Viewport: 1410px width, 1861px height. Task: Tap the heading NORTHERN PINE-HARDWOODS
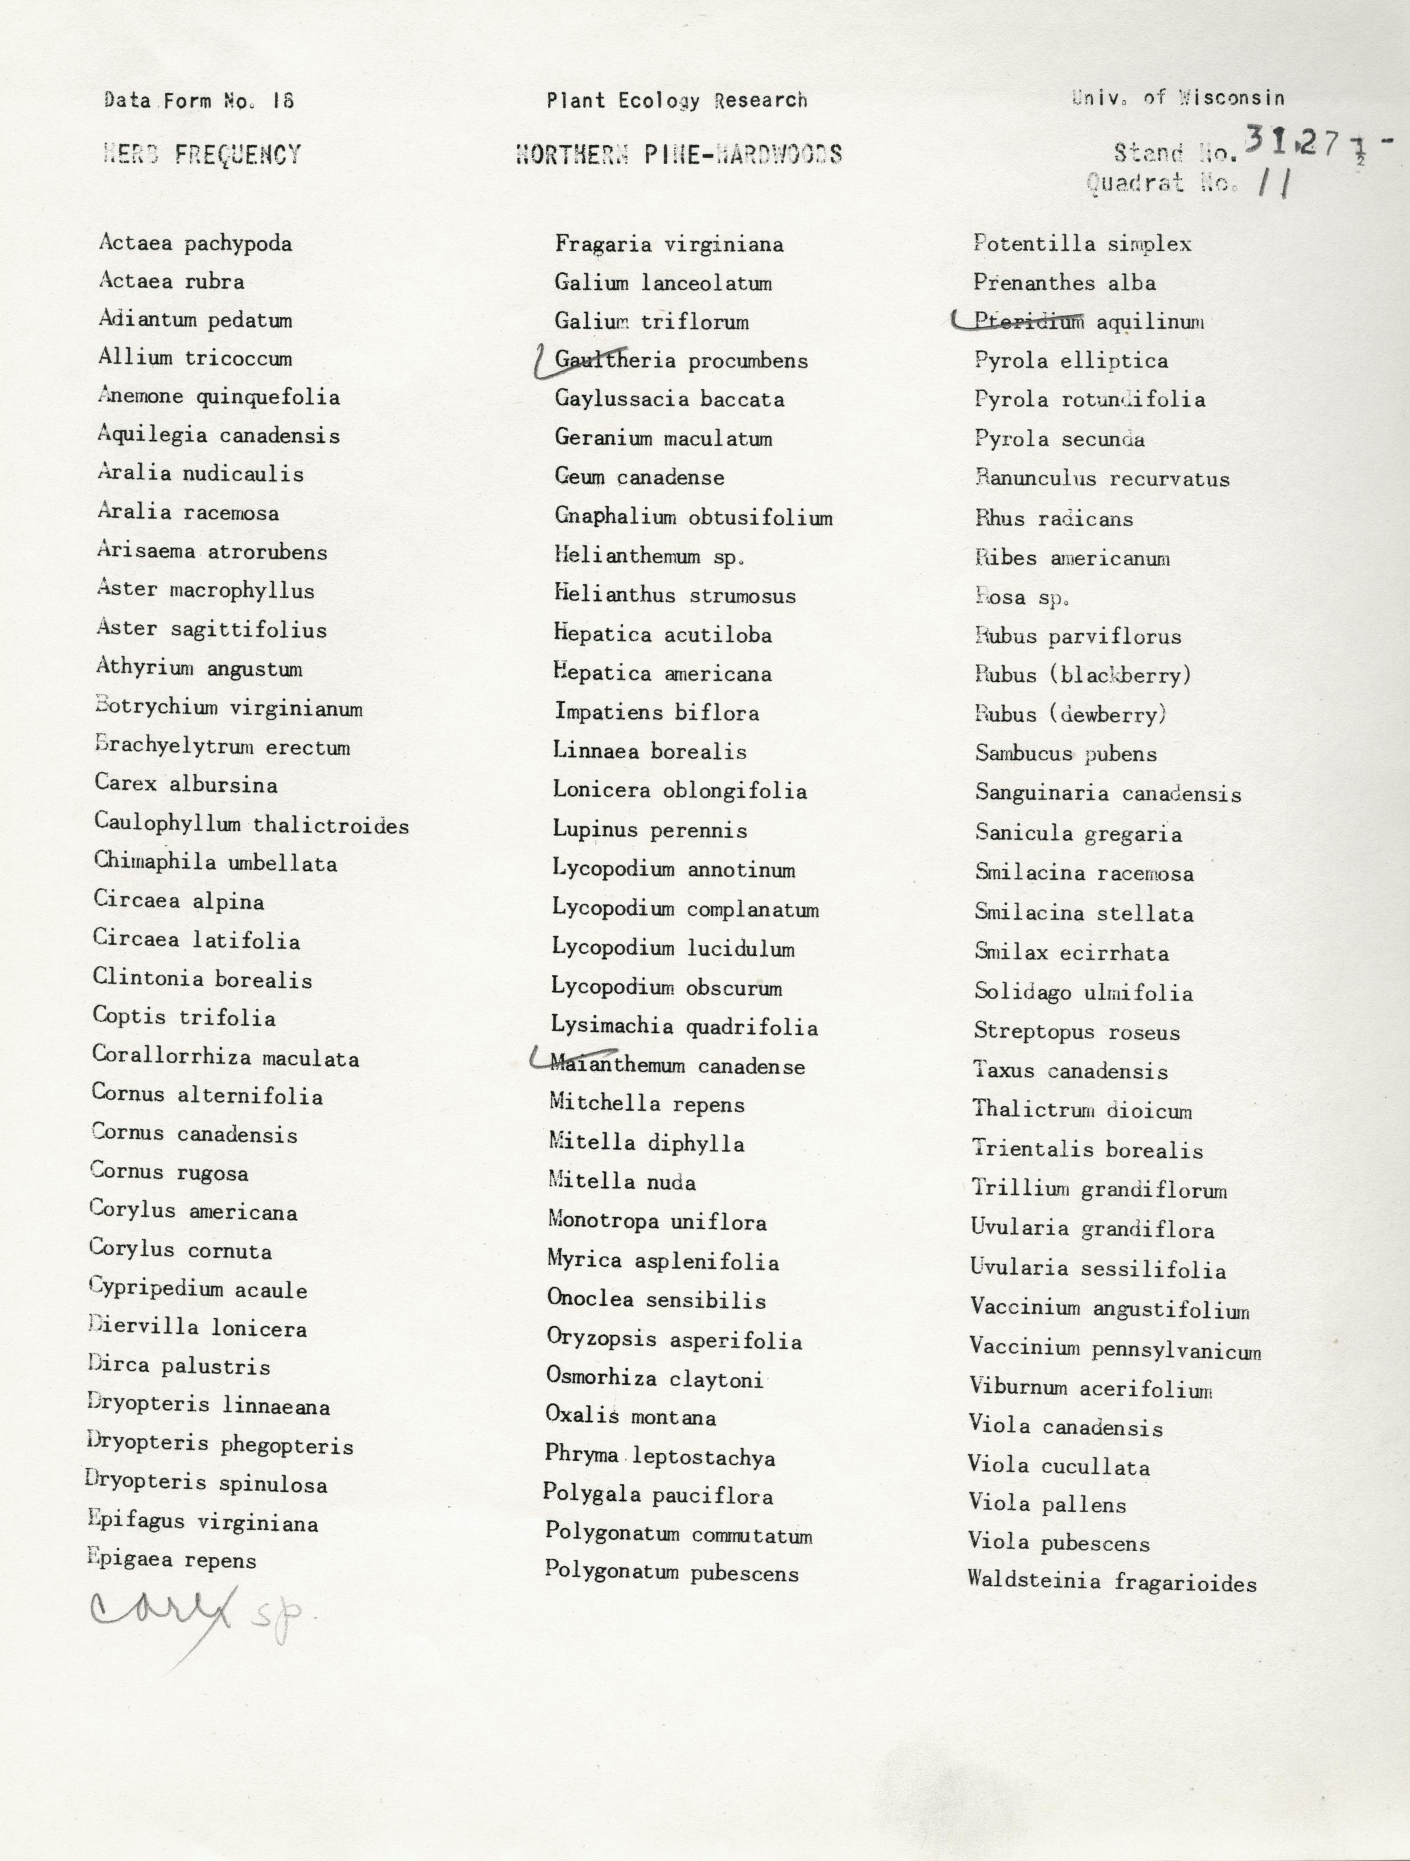(x=678, y=154)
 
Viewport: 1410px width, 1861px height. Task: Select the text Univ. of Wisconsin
(x=1178, y=97)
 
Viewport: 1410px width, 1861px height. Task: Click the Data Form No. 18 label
(x=199, y=101)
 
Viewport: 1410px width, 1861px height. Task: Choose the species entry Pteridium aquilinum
(x=1089, y=321)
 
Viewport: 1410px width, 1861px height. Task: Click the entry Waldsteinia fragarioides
(x=1112, y=1583)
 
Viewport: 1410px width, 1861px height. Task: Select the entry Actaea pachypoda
(x=195, y=244)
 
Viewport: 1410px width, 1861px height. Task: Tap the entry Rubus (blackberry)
(x=1083, y=675)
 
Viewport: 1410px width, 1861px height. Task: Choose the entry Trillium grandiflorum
(x=1099, y=1189)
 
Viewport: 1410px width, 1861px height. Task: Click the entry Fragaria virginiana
(x=669, y=245)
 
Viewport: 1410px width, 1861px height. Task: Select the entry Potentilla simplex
(x=1082, y=244)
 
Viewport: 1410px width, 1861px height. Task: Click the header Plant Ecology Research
(x=677, y=101)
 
